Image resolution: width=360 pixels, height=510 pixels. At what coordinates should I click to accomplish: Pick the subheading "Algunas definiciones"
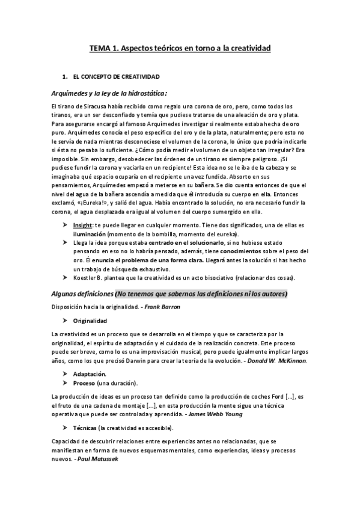pyautogui.click(x=82, y=293)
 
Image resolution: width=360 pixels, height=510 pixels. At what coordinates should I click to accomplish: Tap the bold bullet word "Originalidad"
pyautogui.click(x=90, y=321)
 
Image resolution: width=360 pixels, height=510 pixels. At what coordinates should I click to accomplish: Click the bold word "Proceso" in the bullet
pyautogui.click(x=84, y=382)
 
